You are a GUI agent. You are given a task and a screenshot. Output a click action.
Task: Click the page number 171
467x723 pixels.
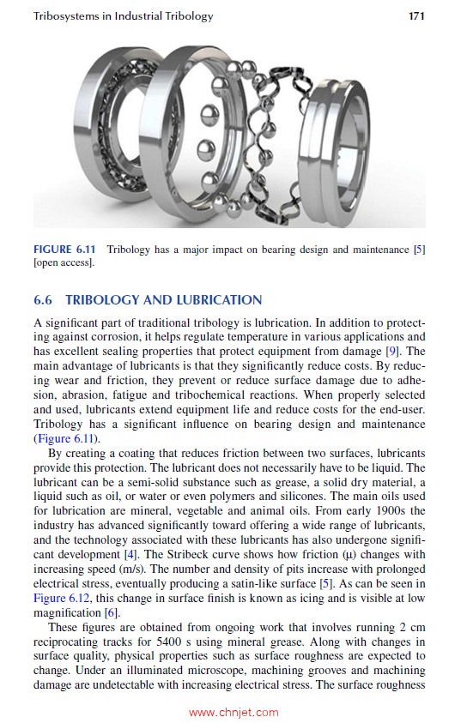416,16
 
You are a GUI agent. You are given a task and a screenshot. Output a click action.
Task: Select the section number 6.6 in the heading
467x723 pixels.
43,300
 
